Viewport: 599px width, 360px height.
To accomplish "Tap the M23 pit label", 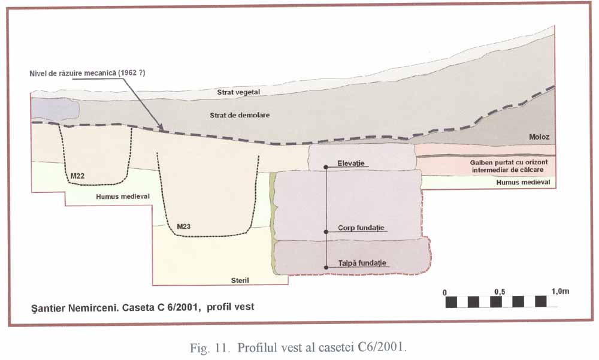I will [184, 226].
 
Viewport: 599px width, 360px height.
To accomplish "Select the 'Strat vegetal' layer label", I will [238, 92].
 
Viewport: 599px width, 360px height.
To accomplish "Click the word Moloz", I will [539, 137].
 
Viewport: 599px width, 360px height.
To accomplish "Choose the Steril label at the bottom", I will [240, 280].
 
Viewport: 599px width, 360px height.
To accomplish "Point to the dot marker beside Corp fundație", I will [326, 231].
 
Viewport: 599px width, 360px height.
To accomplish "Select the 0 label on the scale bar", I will [445, 292].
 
